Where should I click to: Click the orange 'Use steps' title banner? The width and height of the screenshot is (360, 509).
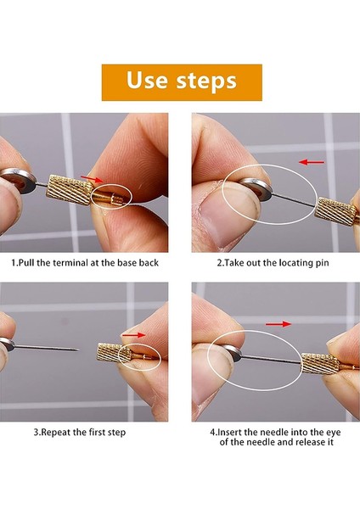tap(181, 82)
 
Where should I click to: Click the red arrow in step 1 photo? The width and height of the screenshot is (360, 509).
tap(91, 179)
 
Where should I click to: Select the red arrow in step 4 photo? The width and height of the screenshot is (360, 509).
tap(277, 323)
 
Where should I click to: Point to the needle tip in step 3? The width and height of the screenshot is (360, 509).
tap(78, 349)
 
